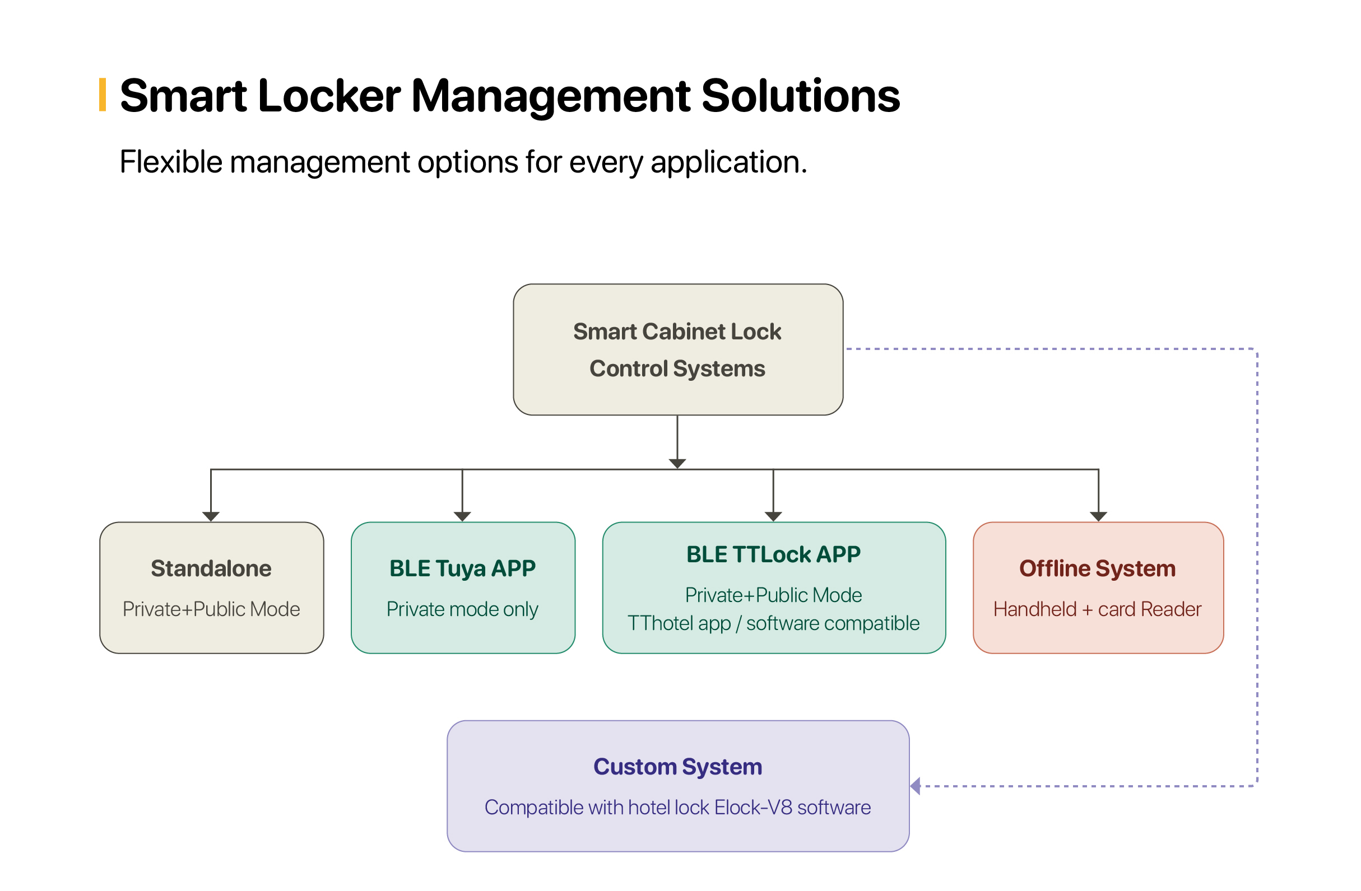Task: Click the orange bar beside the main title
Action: [x=103, y=95]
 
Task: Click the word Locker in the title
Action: [x=329, y=95]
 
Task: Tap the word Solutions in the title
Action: [x=801, y=95]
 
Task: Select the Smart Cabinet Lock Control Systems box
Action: [x=677, y=349]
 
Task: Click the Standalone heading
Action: [x=211, y=568]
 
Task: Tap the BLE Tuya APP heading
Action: [x=462, y=568]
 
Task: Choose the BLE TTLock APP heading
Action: [x=773, y=554]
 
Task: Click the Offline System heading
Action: [x=1098, y=568]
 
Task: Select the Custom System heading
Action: [x=677, y=767]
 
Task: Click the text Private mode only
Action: [x=462, y=609]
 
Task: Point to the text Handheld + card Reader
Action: [x=1098, y=609]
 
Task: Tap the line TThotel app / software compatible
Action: [x=773, y=623]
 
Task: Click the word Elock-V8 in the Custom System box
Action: [x=753, y=808]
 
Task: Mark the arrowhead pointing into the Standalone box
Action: [x=211, y=517]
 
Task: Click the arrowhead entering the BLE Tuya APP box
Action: [x=462, y=517]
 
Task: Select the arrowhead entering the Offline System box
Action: [x=1099, y=517]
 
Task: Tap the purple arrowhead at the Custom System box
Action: [x=915, y=786]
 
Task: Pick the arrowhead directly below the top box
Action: [x=677, y=464]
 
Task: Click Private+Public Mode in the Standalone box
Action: [x=211, y=609]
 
